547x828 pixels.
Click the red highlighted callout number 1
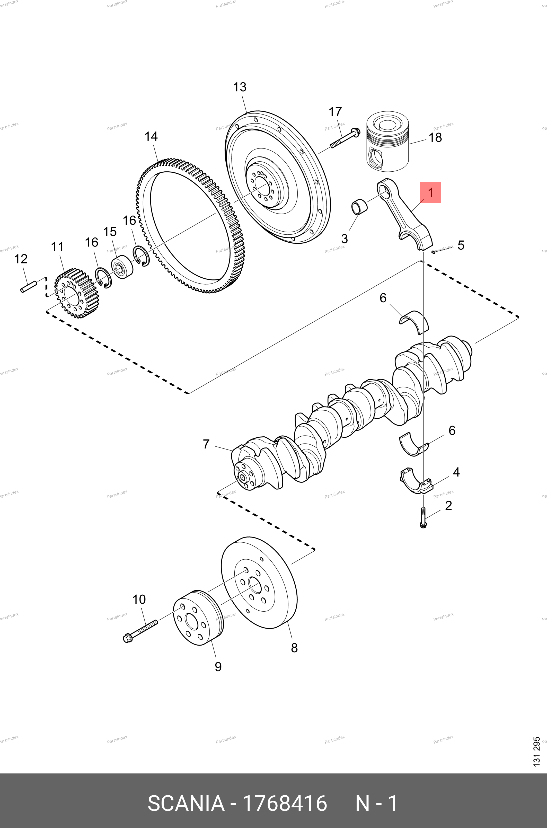point(430,192)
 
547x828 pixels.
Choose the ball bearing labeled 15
point(122,267)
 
